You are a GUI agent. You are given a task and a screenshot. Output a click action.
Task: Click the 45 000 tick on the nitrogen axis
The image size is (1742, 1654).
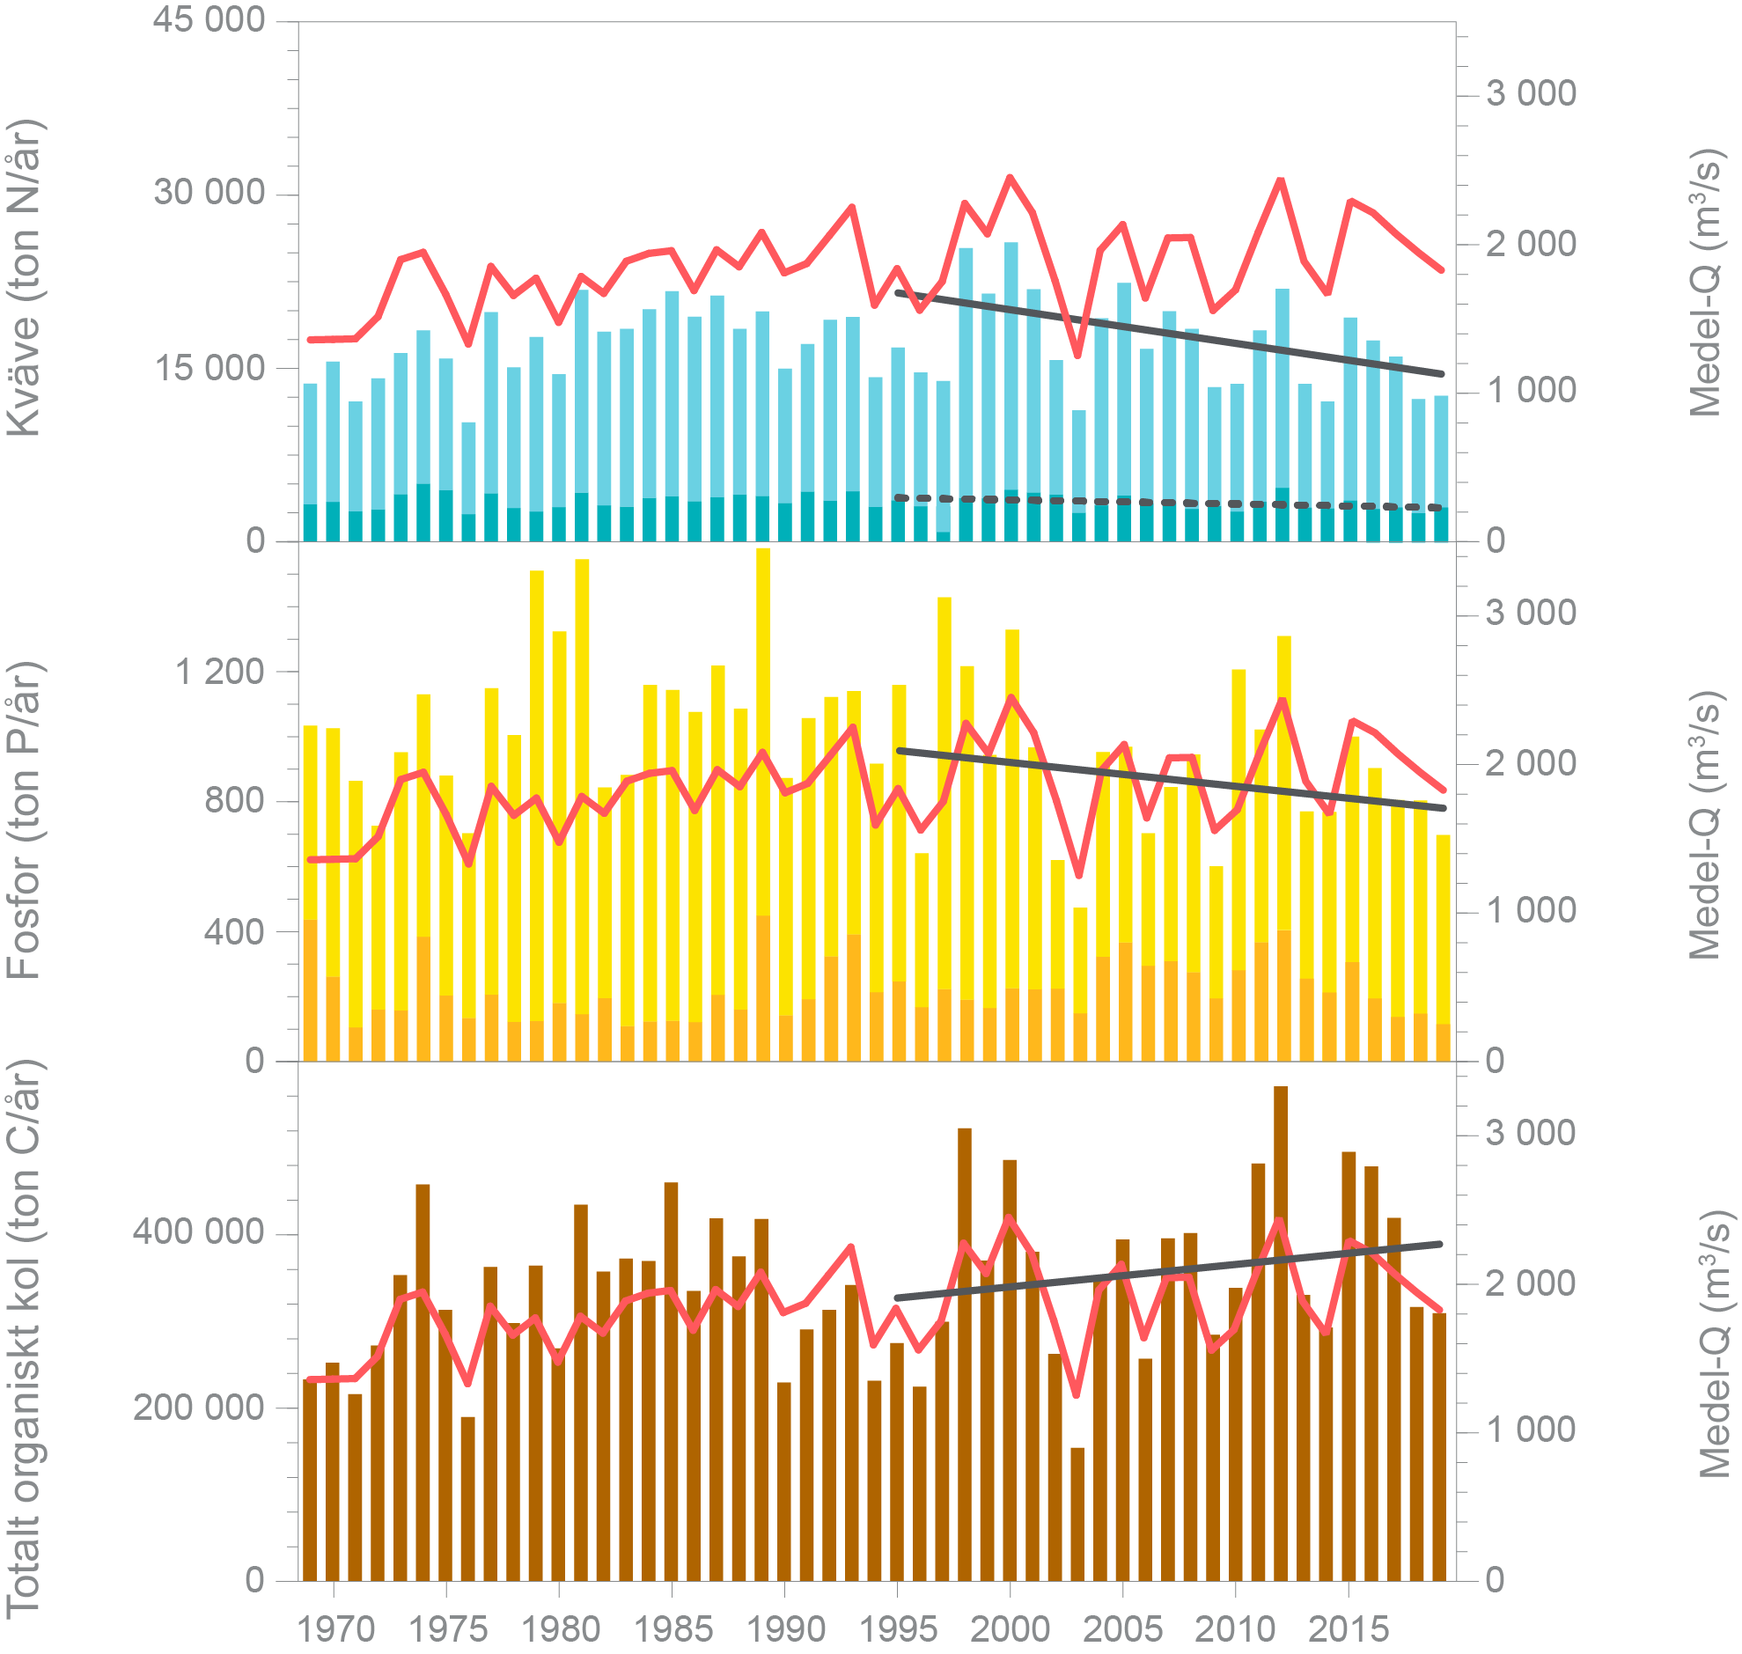[x=208, y=19]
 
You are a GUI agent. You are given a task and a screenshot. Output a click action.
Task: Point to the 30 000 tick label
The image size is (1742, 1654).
[x=208, y=191]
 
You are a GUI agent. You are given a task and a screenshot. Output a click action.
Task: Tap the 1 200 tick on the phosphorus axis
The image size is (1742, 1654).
[x=219, y=672]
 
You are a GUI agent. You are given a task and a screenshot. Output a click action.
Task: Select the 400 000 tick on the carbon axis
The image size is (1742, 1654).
[x=198, y=1231]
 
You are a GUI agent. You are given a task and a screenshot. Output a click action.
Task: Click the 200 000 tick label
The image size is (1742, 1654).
[x=198, y=1408]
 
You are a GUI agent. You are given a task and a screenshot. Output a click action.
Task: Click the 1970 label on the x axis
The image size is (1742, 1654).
[x=335, y=1628]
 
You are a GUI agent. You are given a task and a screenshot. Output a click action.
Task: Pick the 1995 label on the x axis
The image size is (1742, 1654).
[x=898, y=1628]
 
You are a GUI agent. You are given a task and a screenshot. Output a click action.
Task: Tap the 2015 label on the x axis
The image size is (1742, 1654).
[x=1348, y=1628]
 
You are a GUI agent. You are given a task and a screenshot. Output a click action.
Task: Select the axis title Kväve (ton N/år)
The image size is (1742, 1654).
[x=25, y=278]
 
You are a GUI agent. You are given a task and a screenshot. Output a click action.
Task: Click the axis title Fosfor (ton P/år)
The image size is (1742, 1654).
[x=25, y=820]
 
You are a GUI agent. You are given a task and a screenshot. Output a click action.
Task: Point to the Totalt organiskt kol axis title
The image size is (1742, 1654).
[x=25, y=1340]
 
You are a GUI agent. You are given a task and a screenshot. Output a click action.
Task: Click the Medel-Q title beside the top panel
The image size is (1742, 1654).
[x=1703, y=283]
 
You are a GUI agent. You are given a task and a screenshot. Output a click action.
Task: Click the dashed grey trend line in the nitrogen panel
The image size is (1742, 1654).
[x=1146, y=503]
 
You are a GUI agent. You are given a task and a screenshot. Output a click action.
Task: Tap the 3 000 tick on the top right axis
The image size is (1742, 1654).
[x=1531, y=93]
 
